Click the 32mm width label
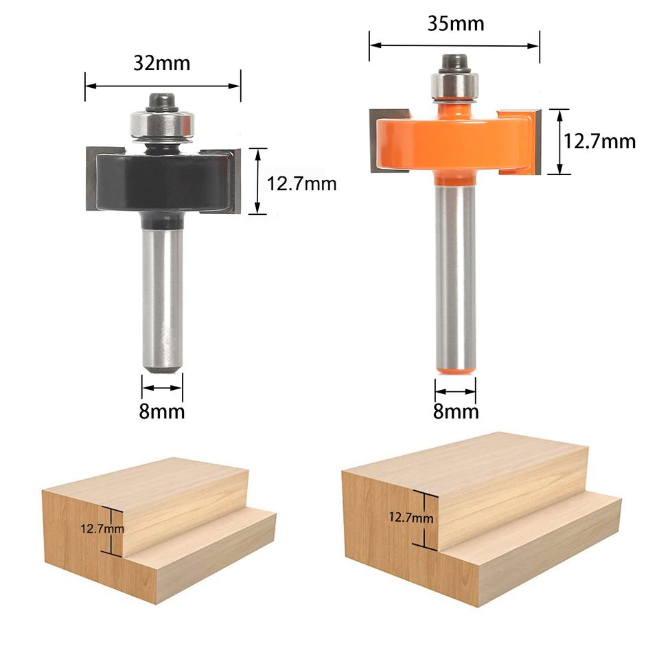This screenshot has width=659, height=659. [162, 63]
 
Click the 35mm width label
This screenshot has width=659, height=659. [456, 23]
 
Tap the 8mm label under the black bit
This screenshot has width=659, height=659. [162, 411]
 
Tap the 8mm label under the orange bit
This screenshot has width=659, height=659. [456, 411]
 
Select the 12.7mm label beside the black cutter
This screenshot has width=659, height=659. [302, 184]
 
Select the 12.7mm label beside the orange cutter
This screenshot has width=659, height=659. [599, 141]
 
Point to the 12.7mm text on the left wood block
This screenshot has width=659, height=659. [102, 529]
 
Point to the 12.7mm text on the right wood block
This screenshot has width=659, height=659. [411, 517]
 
